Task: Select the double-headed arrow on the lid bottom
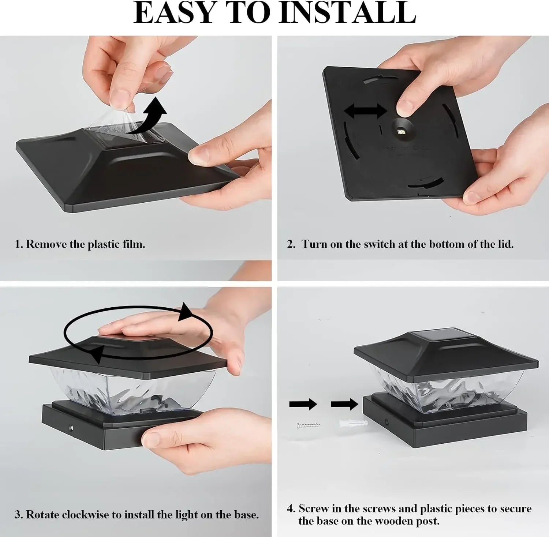click(365, 111)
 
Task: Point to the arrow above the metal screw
click(303, 404)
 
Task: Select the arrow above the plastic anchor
click(344, 404)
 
